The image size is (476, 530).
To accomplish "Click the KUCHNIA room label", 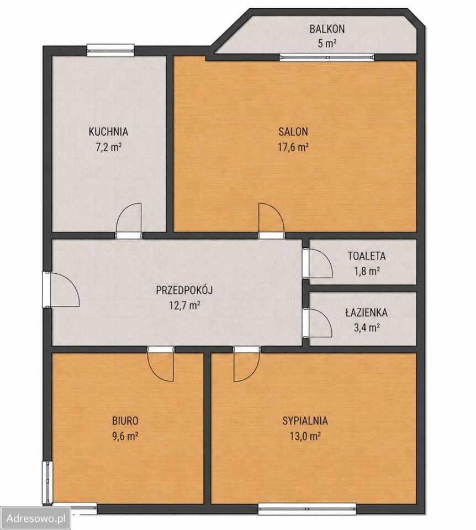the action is click(108, 131).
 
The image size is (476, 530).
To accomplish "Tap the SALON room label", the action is click(293, 131).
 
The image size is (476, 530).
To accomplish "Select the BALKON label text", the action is click(327, 29).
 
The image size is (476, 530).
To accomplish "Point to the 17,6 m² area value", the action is click(293, 147).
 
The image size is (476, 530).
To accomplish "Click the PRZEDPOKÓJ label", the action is click(184, 290).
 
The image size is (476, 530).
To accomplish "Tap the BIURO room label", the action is click(125, 421).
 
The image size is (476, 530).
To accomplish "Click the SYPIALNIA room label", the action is click(305, 421).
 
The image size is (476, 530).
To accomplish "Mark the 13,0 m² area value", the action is click(305, 436).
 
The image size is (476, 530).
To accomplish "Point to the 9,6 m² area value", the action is click(125, 436).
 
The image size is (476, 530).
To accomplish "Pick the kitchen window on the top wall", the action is click(110, 50).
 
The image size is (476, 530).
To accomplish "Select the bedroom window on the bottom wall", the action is click(308, 508).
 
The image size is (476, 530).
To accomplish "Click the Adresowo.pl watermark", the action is click(36, 518).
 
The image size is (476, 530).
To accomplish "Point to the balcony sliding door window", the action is click(327, 57).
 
